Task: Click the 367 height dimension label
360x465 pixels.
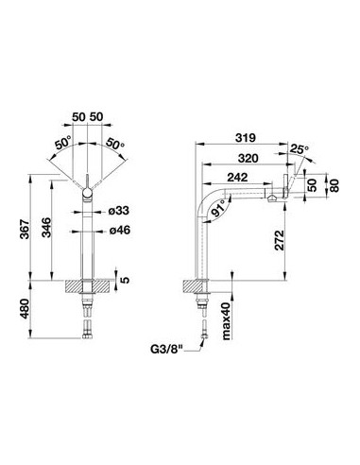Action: [25, 229]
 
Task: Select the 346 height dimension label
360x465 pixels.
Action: [46, 228]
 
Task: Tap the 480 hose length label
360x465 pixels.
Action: [25, 309]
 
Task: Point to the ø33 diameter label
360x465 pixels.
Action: [119, 211]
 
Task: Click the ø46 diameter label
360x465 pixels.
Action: [120, 231]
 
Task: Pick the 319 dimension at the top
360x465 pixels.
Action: [246, 138]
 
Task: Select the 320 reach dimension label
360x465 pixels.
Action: [248, 158]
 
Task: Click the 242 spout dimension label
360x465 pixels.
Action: [237, 178]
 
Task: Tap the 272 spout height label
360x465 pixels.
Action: [280, 240]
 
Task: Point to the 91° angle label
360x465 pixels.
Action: [219, 208]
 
